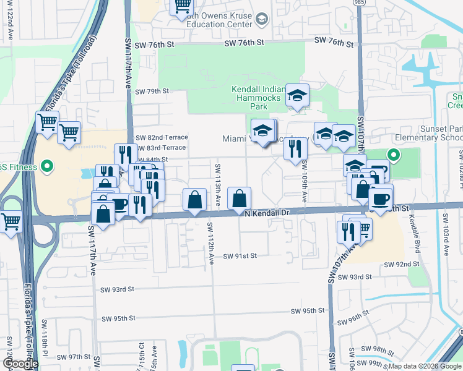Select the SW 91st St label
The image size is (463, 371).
[x=240, y=255]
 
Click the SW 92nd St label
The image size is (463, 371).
[x=402, y=264]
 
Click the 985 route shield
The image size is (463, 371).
[x=359, y=2]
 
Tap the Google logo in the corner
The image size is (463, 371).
[x=20, y=364]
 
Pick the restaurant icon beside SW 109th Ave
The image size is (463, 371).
[x=295, y=148]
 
